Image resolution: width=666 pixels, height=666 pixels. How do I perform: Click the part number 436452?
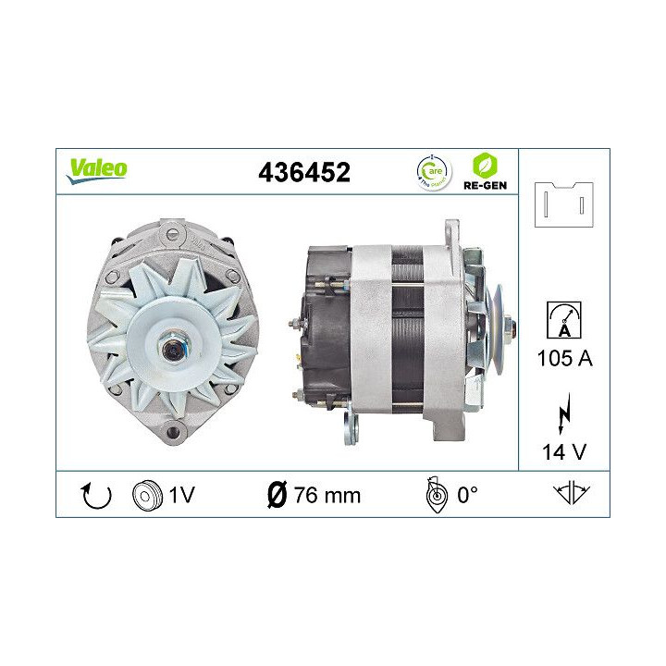(x=306, y=173)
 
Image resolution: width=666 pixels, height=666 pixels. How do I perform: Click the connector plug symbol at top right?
(x=563, y=204)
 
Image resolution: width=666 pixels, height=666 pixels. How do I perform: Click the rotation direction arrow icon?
(x=96, y=496)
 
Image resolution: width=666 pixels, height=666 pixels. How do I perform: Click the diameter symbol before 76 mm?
(x=276, y=495)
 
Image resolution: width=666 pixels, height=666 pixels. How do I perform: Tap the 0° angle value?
(x=467, y=495)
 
